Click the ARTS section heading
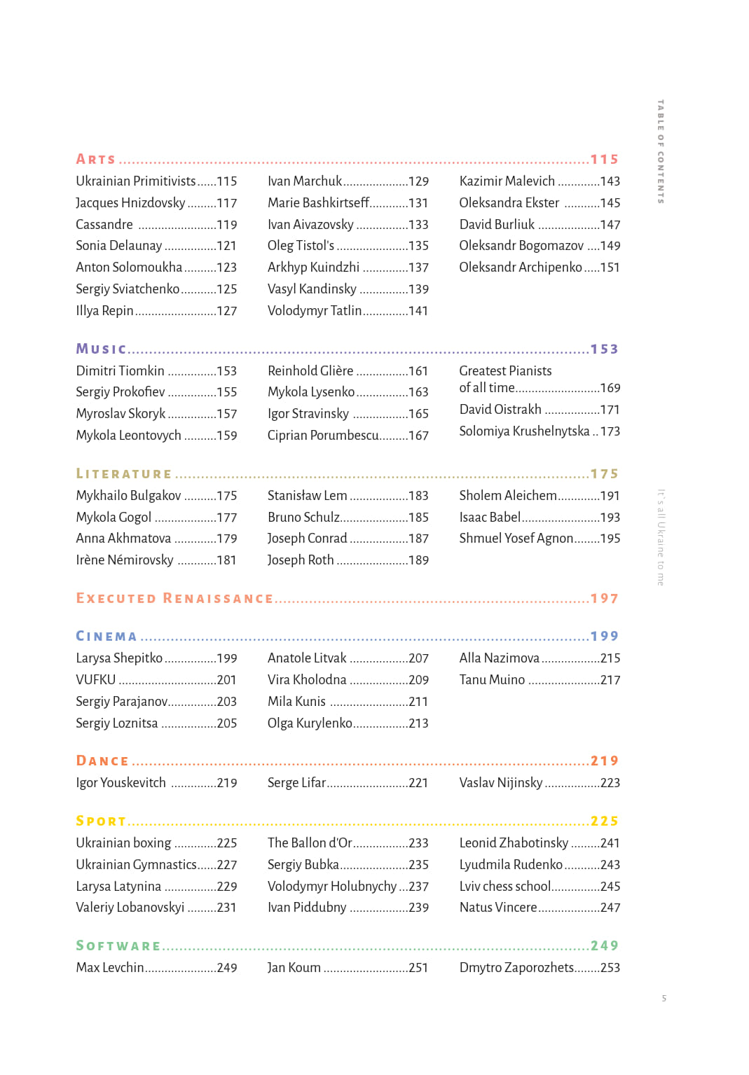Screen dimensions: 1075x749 click(95, 160)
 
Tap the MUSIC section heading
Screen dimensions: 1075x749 click(101, 349)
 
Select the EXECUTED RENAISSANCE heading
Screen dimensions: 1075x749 click(174, 599)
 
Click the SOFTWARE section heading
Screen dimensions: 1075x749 click(118, 946)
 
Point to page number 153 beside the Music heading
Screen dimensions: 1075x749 click(604, 349)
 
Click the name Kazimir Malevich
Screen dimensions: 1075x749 click(507, 181)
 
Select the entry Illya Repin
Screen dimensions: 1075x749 click(104, 311)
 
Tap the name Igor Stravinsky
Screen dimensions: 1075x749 click(308, 414)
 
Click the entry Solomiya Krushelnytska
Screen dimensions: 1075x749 click(524, 431)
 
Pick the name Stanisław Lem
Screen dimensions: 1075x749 click(307, 496)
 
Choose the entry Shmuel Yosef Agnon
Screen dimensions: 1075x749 click(516, 539)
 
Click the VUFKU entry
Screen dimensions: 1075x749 click(95, 680)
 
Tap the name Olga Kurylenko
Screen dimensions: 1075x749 click(310, 723)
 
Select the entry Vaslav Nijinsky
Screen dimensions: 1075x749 click(500, 783)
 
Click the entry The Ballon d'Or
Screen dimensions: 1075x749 click(310, 843)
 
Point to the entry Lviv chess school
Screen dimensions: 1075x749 click(505, 887)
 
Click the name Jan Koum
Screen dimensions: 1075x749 click(294, 968)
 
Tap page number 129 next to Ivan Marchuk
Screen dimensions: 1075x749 click(418, 181)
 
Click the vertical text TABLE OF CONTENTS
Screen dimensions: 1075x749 click(660, 151)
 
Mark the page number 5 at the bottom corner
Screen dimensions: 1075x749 click(664, 999)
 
